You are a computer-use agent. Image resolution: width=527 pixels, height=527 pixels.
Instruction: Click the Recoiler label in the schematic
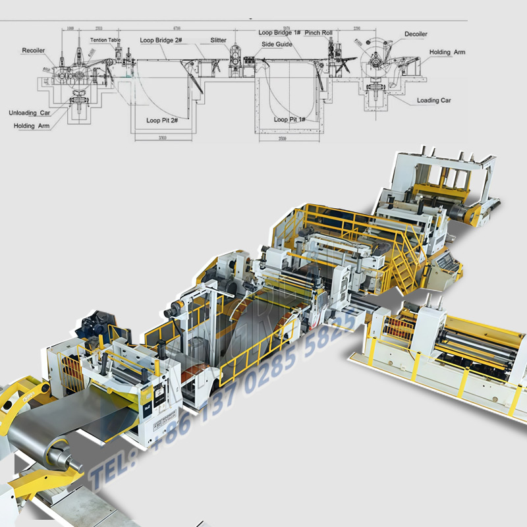click(x=33, y=51)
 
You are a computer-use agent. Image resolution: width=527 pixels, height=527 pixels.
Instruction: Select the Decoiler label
click(x=416, y=34)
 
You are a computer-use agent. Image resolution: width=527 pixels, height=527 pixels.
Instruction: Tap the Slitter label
click(x=219, y=40)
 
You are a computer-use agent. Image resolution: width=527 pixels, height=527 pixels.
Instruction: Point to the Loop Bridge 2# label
click(x=161, y=40)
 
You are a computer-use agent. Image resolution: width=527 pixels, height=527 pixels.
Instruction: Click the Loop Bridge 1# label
click(x=279, y=32)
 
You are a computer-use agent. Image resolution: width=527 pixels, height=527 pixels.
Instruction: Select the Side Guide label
click(x=277, y=44)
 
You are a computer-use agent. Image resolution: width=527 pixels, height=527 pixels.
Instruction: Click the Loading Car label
click(x=433, y=101)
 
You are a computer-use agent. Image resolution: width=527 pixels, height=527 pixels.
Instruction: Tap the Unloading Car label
click(x=29, y=113)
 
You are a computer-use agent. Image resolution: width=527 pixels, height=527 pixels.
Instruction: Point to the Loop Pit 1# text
click(x=289, y=120)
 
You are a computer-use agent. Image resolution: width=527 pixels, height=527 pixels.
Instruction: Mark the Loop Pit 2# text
click(x=162, y=121)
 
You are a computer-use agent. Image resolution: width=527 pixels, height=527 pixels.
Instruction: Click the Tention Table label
click(x=105, y=40)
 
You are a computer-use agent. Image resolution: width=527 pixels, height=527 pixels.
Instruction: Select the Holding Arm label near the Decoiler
click(x=448, y=52)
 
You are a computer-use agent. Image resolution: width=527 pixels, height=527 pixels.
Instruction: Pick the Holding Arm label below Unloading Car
click(x=32, y=125)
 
